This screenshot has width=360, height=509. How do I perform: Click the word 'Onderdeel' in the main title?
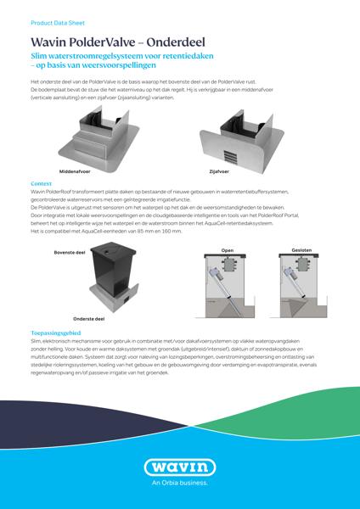[173, 42]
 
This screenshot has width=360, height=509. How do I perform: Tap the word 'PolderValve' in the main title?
[96, 42]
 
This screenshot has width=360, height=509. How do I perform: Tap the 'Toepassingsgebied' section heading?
[56, 334]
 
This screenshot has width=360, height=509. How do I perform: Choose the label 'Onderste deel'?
[88, 319]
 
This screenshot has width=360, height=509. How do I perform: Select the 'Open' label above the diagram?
[227, 251]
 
